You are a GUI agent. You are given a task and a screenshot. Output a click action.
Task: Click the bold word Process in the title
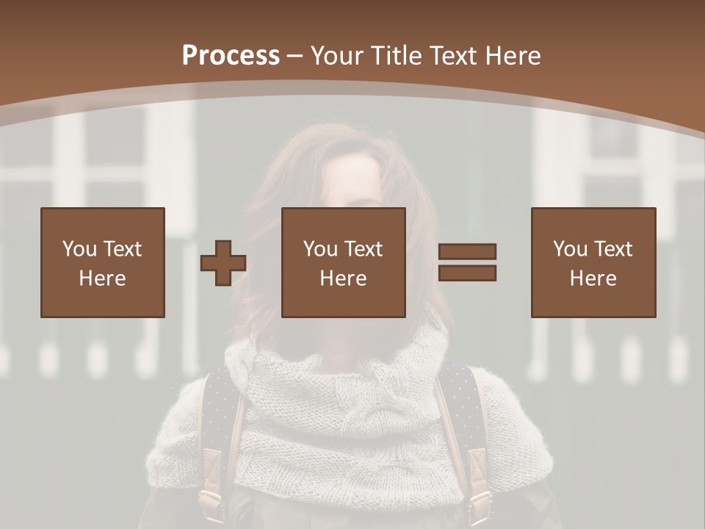click(231, 56)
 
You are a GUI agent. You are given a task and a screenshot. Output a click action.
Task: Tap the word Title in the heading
click(397, 56)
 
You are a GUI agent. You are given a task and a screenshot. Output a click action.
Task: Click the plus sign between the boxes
click(223, 263)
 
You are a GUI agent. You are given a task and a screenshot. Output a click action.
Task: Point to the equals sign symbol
click(467, 262)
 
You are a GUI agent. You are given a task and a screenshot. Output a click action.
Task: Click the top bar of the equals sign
click(467, 252)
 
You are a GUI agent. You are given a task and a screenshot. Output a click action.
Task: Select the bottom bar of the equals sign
click(467, 273)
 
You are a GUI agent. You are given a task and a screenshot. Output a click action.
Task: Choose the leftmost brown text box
click(103, 262)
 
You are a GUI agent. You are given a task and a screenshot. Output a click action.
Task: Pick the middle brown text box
click(344, 262)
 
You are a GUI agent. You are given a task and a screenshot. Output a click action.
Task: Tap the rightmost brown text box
click(593, 262)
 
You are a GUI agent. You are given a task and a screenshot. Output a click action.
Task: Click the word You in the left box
click(79, 249)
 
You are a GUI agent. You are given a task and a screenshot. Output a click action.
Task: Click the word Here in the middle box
click(344, 278)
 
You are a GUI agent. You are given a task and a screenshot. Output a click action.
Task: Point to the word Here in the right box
click(593, 278)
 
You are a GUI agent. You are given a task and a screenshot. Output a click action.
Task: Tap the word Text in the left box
click(123, 249)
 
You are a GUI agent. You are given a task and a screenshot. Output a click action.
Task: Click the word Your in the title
click(338, 56)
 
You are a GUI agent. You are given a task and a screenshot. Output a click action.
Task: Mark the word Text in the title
click(452, 56)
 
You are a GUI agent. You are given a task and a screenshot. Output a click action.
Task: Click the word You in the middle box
click(320, 249)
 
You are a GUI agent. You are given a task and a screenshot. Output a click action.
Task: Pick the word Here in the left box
click(103, 278)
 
